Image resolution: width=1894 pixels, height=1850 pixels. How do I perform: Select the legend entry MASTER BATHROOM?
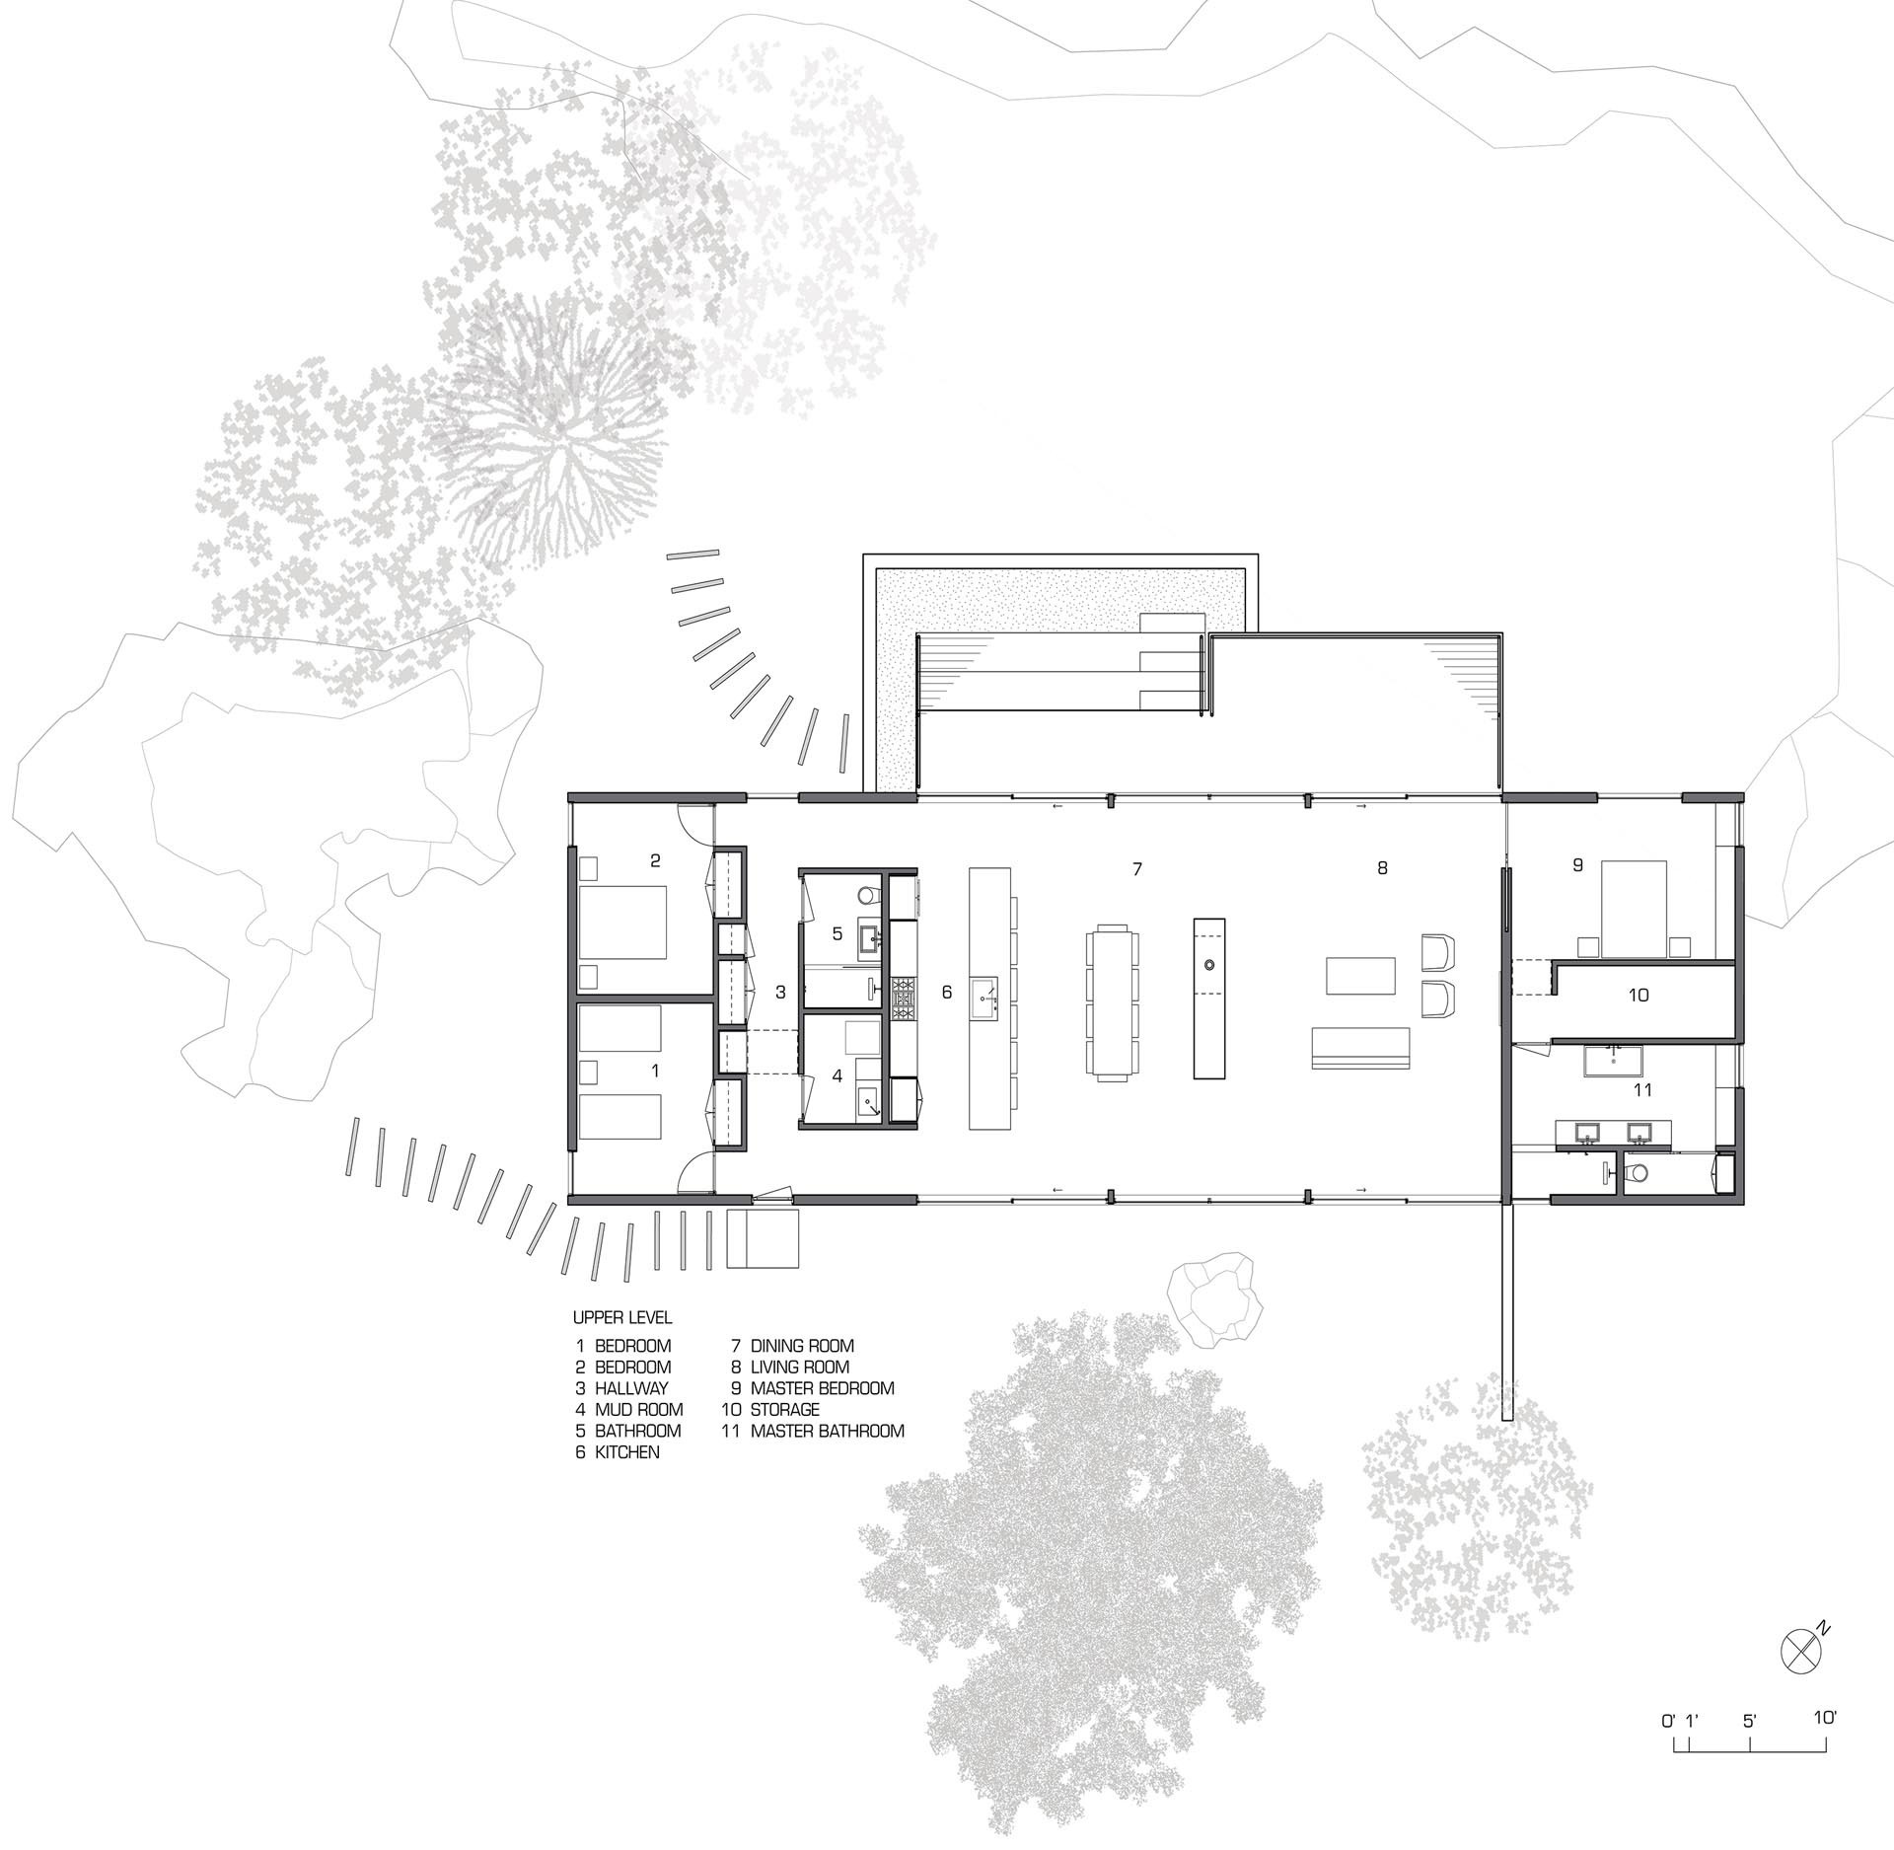pos(827,1431)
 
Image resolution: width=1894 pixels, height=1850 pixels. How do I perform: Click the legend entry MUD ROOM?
pos(638,1409)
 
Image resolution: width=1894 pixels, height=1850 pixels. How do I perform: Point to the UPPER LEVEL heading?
pos(622,1317)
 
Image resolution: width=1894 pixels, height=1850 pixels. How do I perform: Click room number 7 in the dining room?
pos(1137,869)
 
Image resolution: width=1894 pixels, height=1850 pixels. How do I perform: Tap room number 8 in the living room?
pos(1382,868)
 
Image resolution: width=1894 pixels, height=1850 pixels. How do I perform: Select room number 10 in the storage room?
pos(1639,996)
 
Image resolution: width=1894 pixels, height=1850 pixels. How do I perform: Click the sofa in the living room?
pos(1360,1047)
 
